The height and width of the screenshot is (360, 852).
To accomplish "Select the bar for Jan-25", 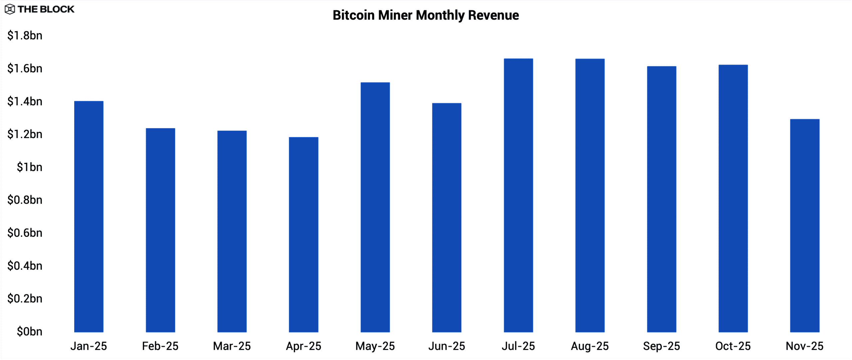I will click(x=89, y=216).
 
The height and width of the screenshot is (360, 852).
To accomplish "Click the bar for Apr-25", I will click(x=304, y=235).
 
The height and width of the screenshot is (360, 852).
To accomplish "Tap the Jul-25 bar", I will click(x=518, y=195).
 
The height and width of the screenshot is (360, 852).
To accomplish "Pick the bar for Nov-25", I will click(x=805, y=226).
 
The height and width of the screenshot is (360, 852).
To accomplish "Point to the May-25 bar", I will click(x=375, y=207).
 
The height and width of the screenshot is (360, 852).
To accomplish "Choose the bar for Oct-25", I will click(x=733, y=198).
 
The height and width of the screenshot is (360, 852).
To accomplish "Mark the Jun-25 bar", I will click(x=447, y=218).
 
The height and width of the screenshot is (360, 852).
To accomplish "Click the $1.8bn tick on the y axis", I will click(x=25, y=36).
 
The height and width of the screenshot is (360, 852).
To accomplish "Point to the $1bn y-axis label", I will click(x=30, y=167).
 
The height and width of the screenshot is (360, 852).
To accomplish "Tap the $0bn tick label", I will click(x=30, y=331).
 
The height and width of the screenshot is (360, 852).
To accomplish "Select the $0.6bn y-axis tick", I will click(x=25, y=233).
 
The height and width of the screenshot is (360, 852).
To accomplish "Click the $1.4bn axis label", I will click(x=25, y=101).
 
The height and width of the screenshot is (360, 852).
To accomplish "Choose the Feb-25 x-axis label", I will click(x=160, y=346).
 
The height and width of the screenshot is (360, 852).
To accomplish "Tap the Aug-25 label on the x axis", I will click(x=590, y=346).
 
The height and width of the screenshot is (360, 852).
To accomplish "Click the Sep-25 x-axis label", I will click(x=661, y=346).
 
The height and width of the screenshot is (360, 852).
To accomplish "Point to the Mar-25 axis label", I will click(x=232, y=346).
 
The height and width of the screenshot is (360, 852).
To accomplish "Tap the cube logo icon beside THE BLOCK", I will click(x=10, y=9).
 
